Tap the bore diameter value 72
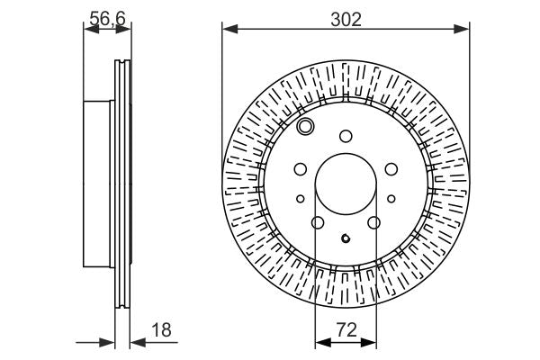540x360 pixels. click(x=346, y=330)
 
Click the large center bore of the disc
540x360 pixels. click(x=346, y=181)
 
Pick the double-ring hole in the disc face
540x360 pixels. click(x=306, y=127)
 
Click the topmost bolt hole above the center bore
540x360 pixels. click(x=346, y=136)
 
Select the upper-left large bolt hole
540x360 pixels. click(x=301, y=168)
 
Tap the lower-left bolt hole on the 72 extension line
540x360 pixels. click(x=317, y=223)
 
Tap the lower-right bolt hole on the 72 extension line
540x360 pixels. click(x=374, y=223)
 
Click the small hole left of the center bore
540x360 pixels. click(x=301, y=199)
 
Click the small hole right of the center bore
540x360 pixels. click(x=391, y=199)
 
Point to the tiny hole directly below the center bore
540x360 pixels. click(x=346, y=238)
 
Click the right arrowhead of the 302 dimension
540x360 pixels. click(x=463, y=30)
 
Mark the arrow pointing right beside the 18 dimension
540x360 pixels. click(x=110, y=342)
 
